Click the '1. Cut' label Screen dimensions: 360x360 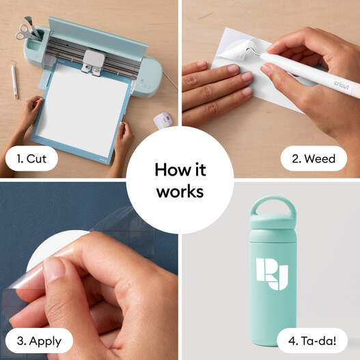[31, 158]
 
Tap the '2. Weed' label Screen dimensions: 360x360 [314, 158]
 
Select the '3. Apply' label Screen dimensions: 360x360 [39, 341]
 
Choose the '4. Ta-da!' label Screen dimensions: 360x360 [312, 341]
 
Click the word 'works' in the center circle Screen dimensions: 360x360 [180, 191]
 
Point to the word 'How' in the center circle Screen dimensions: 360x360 [169, 169]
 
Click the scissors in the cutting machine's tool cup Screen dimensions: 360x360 [26, 33]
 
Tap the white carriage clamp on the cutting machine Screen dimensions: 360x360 [94, 62]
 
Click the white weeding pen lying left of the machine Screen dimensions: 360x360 [14, 79]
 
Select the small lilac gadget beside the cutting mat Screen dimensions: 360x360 [163, 120]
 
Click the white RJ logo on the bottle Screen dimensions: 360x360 [272, 274]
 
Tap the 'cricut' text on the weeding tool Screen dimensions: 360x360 [342, 85]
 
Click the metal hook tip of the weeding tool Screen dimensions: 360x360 [251, 51]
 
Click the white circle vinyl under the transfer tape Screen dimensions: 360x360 [53, 246]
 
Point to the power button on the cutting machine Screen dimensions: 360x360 [142, 81]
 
